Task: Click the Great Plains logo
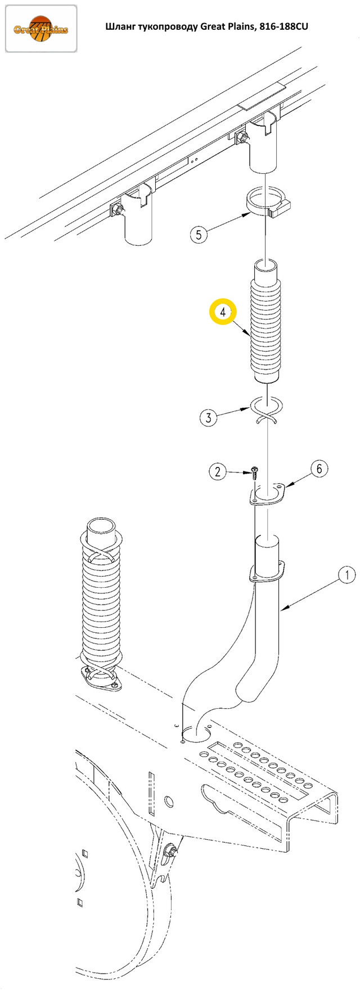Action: [40, 28]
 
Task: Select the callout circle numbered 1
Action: [346, 574]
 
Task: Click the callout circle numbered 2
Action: [218, 471]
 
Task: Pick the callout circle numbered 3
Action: [209, 417]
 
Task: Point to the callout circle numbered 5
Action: [199, 234]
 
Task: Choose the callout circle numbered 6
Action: [319, 469]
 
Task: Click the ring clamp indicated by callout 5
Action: [267, 205]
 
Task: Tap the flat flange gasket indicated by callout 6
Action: [267, 493]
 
